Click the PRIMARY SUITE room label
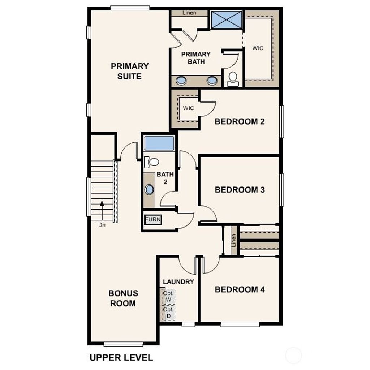(130, 71)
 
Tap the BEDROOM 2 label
(240, 121)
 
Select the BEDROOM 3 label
(240, 190)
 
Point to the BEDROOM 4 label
(240, 289)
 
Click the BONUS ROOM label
(123, 298)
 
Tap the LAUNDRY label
(178, 282)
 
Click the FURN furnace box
(153, 219)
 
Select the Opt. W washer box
(168, 296)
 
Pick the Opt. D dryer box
(168, 313)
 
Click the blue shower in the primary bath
(227, 20)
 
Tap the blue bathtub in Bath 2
(159, 143)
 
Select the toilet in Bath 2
(151, 162)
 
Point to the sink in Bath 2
(149, 190)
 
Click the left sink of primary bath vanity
(181, 81)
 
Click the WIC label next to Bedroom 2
(188, 108)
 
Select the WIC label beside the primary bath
(258, 48)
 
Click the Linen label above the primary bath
(189, 13)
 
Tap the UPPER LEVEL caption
(121, 357)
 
